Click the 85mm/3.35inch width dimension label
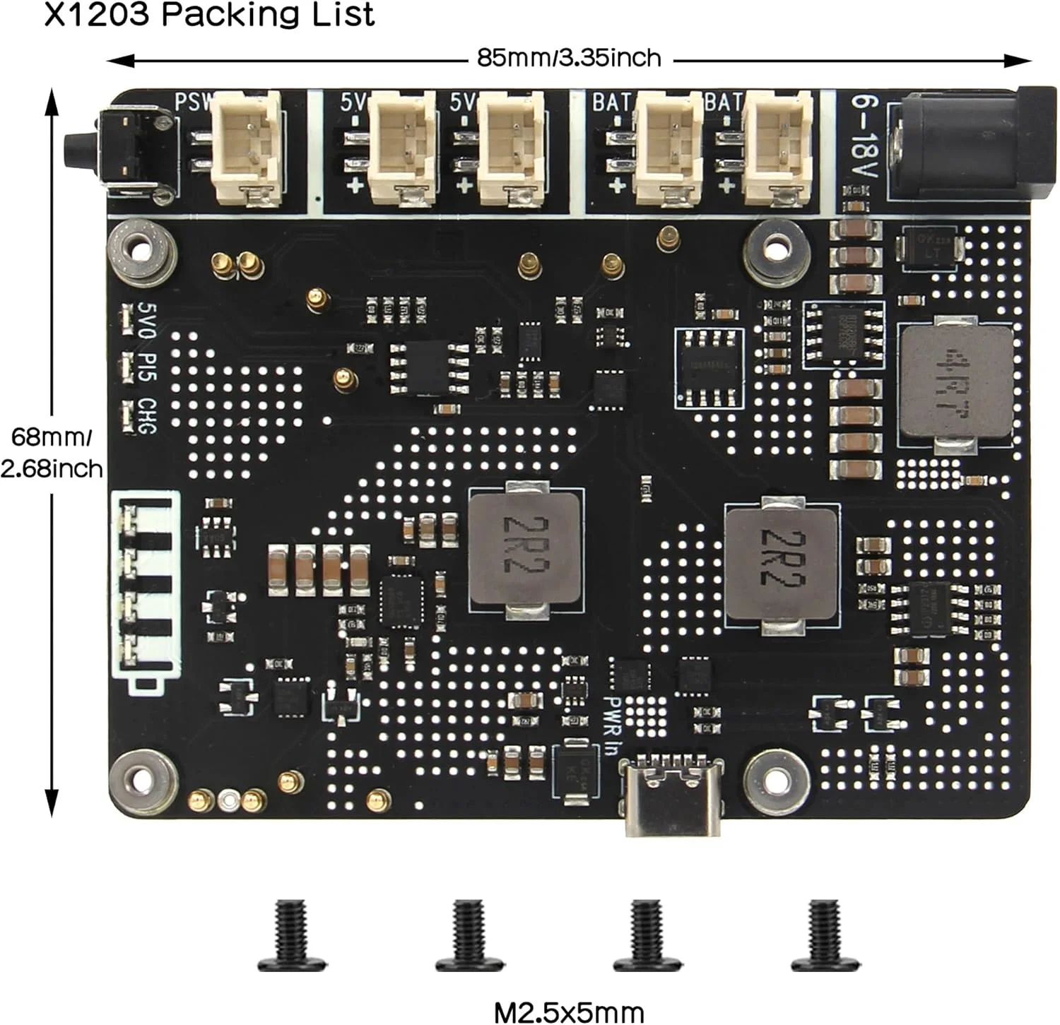coord(569,58)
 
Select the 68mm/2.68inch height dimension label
coord(51,453)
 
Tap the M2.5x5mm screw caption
coord(569,1012)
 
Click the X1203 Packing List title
coord(209,14)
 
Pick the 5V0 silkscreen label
coord(147,319)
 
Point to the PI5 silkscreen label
coord(147,367)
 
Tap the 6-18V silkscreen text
coord(863,138)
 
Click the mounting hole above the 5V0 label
coord(142,251)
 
